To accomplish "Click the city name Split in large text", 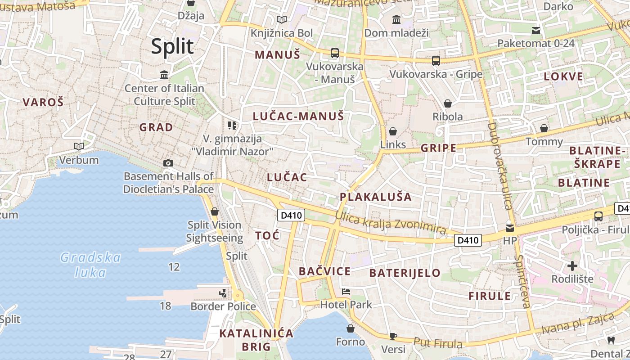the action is tap(172, 46).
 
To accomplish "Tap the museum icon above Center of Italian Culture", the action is tap(164, 74).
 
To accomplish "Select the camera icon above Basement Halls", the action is tap(168, 163).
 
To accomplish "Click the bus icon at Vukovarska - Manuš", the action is tap(334, 53).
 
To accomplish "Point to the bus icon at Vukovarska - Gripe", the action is tap(436, 60).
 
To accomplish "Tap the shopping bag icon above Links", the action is tap(393, 131).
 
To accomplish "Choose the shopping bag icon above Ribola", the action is tap(447, 103).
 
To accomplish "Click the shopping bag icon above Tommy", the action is tap(544, 128).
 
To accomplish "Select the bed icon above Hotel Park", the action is tap(346, 292).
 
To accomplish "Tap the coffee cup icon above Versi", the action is tap(393, 336).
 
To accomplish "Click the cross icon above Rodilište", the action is tap(572, 265).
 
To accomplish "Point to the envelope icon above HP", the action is tap(510, 228).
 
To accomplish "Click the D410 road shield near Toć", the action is tap(291, 216).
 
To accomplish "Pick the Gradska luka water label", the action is tap(90, 265).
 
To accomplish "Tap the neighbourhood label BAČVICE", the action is tap(324, 271).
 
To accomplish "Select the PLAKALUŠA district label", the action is tap(376, 197).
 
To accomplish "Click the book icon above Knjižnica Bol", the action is tap(282, 19).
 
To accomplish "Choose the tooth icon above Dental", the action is tap(611, 340).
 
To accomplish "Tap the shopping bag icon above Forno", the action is tap(351, 328).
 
